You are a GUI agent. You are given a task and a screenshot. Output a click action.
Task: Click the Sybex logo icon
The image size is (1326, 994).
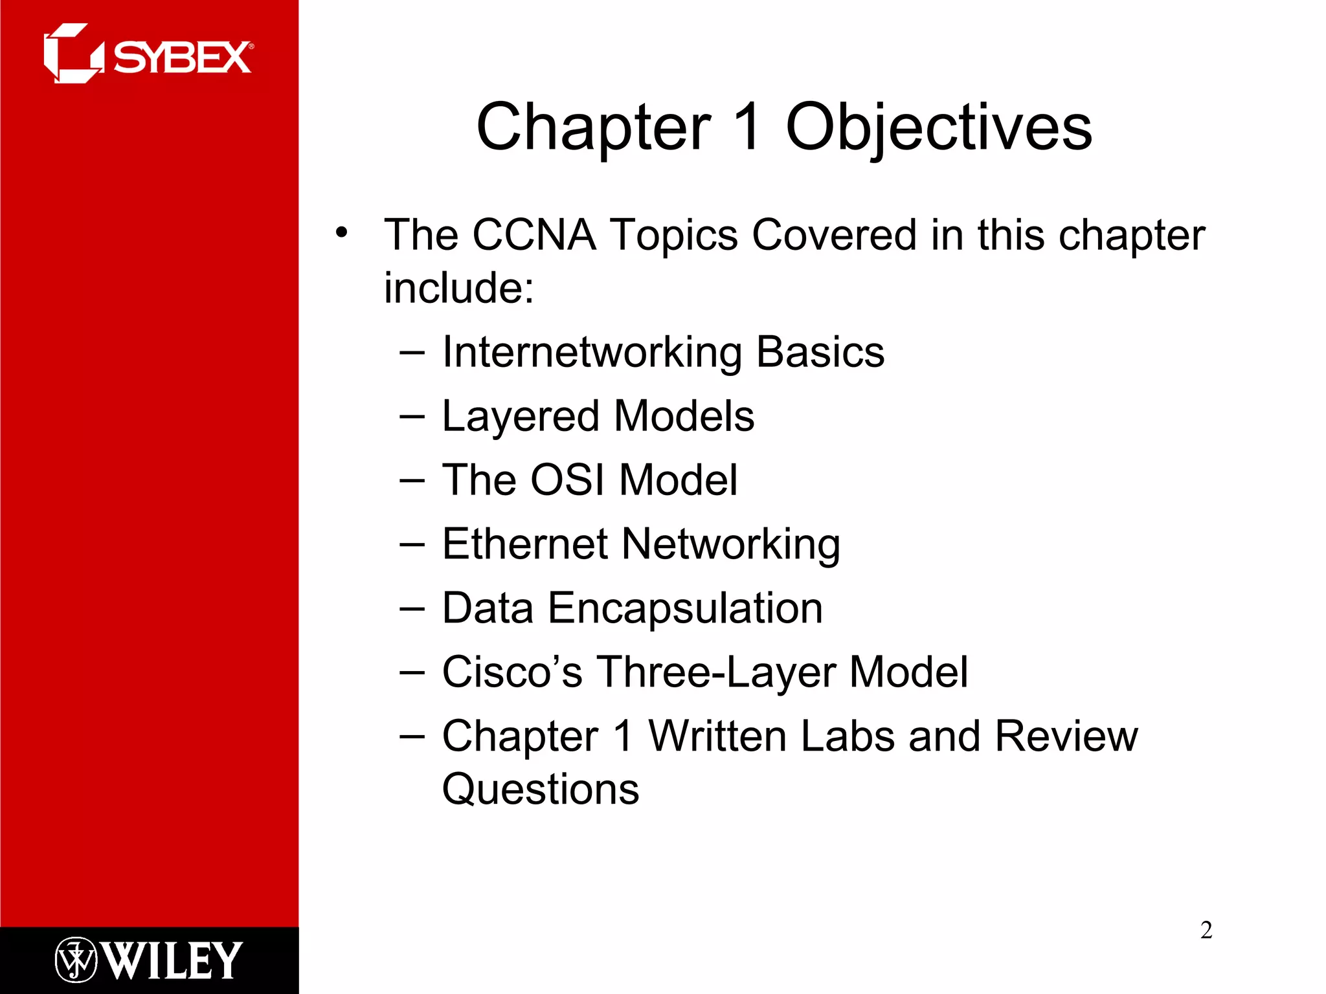tap(73, 54)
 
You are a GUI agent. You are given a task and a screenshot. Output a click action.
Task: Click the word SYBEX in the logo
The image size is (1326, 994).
tap(183, 58)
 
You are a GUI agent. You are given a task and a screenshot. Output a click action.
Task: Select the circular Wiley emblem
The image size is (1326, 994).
tap(76, 960)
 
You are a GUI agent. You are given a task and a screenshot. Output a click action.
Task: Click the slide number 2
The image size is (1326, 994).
tap(1206, 930)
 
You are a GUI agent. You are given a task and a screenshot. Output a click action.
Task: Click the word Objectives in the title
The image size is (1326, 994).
tap(939, 127)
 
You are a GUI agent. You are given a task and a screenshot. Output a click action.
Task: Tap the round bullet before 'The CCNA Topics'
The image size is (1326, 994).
tap(341, 232)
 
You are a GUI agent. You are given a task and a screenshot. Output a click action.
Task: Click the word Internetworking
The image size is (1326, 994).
tap(591, 353)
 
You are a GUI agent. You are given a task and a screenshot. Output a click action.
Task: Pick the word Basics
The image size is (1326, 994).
tap(820, 353)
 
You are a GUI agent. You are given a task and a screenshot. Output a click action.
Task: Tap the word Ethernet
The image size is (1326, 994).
tap(525, 544)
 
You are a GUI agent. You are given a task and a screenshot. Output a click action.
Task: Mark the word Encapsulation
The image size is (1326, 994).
tap(685, 609)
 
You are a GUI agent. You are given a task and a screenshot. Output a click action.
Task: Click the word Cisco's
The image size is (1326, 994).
tap(511, 672)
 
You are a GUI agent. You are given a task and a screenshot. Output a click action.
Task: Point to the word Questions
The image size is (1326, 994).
tap(540, 790)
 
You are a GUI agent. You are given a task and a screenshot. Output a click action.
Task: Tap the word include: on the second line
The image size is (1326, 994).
tap(458, 288)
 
